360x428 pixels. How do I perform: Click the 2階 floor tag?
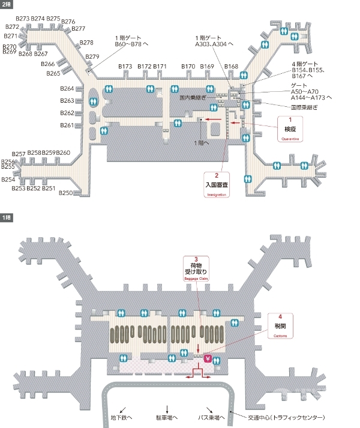(x=6, y=4)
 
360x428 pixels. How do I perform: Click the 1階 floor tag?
(x=6, y=217)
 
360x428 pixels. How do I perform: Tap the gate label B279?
(x=92, y=56)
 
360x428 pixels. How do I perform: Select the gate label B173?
(x=125, y=66)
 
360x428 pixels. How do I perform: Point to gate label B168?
(x=231, y=66)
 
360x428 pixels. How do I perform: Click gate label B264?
(x=67, y=89)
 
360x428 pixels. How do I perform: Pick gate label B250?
(x=65, y=193)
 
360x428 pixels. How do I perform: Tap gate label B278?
(x=86, y=43)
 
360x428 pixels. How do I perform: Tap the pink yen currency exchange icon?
(x=208, y=359)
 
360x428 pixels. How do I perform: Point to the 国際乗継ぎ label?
(x=304, y=107)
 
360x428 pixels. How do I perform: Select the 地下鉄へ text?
(x=122, y=417)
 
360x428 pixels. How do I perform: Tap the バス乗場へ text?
(x=212, y=417)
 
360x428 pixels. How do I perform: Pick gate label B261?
(x=67, y=125)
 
